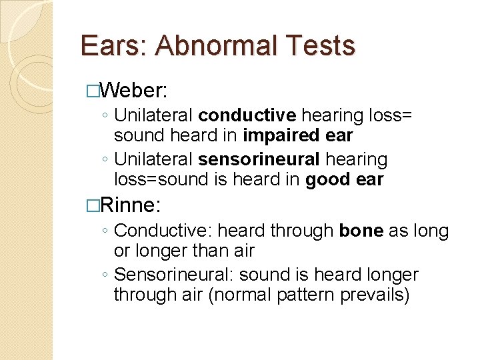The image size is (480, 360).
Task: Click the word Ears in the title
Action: pos(109,46)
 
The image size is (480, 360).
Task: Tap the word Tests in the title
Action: pos(323,46)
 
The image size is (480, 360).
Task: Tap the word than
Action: pos(219,251)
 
